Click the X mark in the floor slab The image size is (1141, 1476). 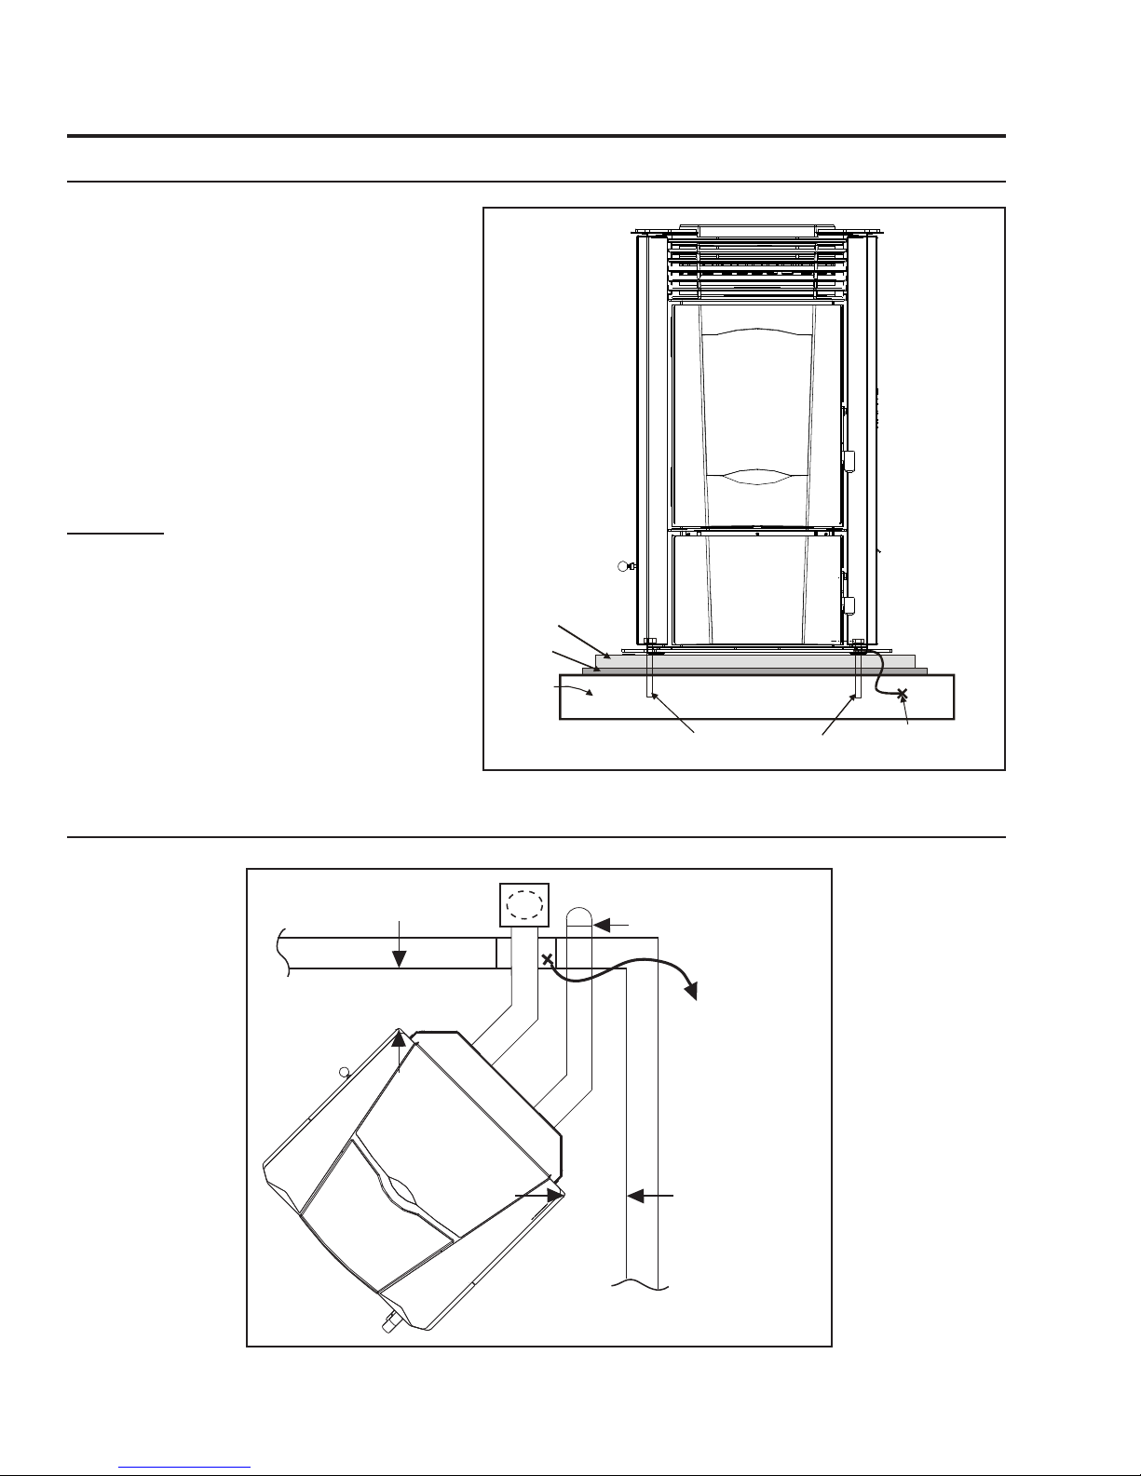[902, 694]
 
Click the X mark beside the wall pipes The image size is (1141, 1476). [548, 958]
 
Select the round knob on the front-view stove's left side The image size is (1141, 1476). [625, 565]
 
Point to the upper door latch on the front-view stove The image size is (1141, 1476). [849, 461]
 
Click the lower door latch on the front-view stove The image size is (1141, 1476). [849, 606]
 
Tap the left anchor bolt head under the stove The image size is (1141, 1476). [651, 642]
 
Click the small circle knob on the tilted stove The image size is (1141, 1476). [344, 1072]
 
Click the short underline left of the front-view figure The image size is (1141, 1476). [115, 535]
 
